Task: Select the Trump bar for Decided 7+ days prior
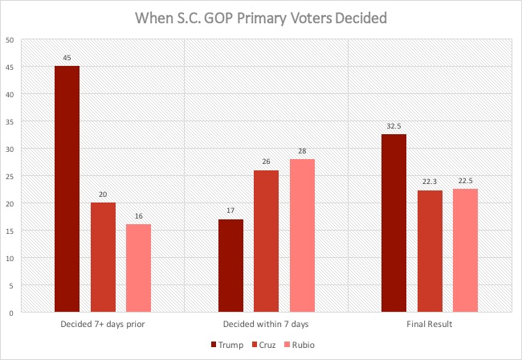coord(67,189)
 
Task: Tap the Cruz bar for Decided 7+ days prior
coord(103,257)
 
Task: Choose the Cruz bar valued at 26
coord(267,241)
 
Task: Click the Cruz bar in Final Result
coord(430,251)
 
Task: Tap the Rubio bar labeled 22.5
coord(466,250)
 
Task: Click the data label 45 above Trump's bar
coord(67,58)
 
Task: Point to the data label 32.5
coord(394,126)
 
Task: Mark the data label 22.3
coord(430,182)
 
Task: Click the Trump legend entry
coord(226,346)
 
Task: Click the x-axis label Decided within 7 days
coord(266,325)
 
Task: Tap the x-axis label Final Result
coord(430,325)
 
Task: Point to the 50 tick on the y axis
coord(8,40)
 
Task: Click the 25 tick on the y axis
coord(8,176)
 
